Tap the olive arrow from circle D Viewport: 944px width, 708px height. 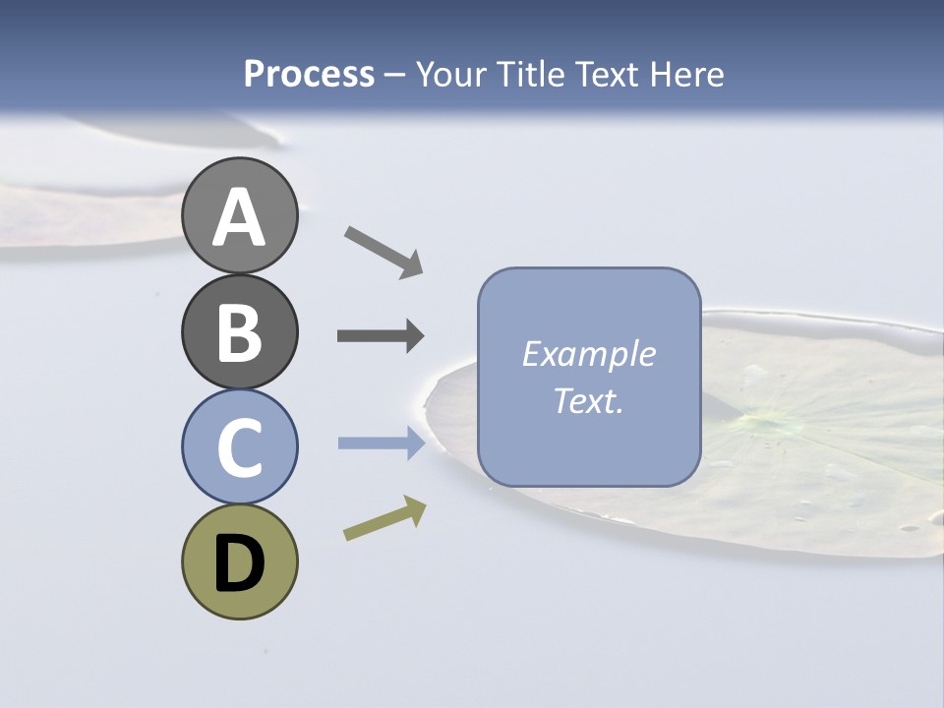(x=384, y=518)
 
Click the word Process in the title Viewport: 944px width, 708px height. (x=309, y=74)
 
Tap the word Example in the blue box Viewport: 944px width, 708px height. (x=589, y=354)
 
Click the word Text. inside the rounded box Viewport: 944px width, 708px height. (x=589, y=401)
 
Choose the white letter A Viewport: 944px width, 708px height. (x=239, y=217)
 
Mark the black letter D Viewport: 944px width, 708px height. (x=239, y=565)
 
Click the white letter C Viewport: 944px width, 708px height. (x=239, y=448)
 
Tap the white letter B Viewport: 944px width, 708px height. (x=239, y=332)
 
